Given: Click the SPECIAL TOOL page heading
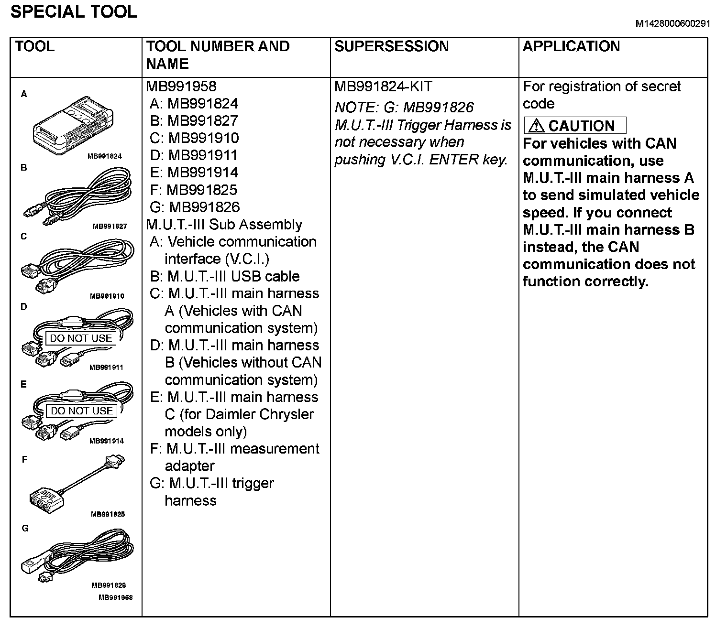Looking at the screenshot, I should pyautogui.click(x=74, y=11).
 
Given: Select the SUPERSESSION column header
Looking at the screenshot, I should pyautogui.click(x=391, y=46).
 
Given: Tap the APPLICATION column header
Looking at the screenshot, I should pyautogui.click(x=571, y=46).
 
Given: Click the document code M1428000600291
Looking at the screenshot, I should pyautogui.click(x=672, y=24).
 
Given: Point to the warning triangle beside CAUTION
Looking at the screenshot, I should pyautogui.click(x=537, y=126).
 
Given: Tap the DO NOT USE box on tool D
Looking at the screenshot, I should pyautogui.click(x=81, y=338).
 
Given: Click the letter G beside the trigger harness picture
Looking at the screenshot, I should pyautogui.click(x=25, y=528).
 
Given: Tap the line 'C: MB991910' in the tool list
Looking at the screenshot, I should pyautogui.click(x=194, y=138).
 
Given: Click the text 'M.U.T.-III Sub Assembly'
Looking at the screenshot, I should pyautogui.click(x=224, y=225).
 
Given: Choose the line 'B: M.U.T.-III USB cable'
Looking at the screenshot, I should pyautogui.click(x=225, y=276).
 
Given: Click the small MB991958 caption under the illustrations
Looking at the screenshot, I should pyautogui.click(x=115, y=597).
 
